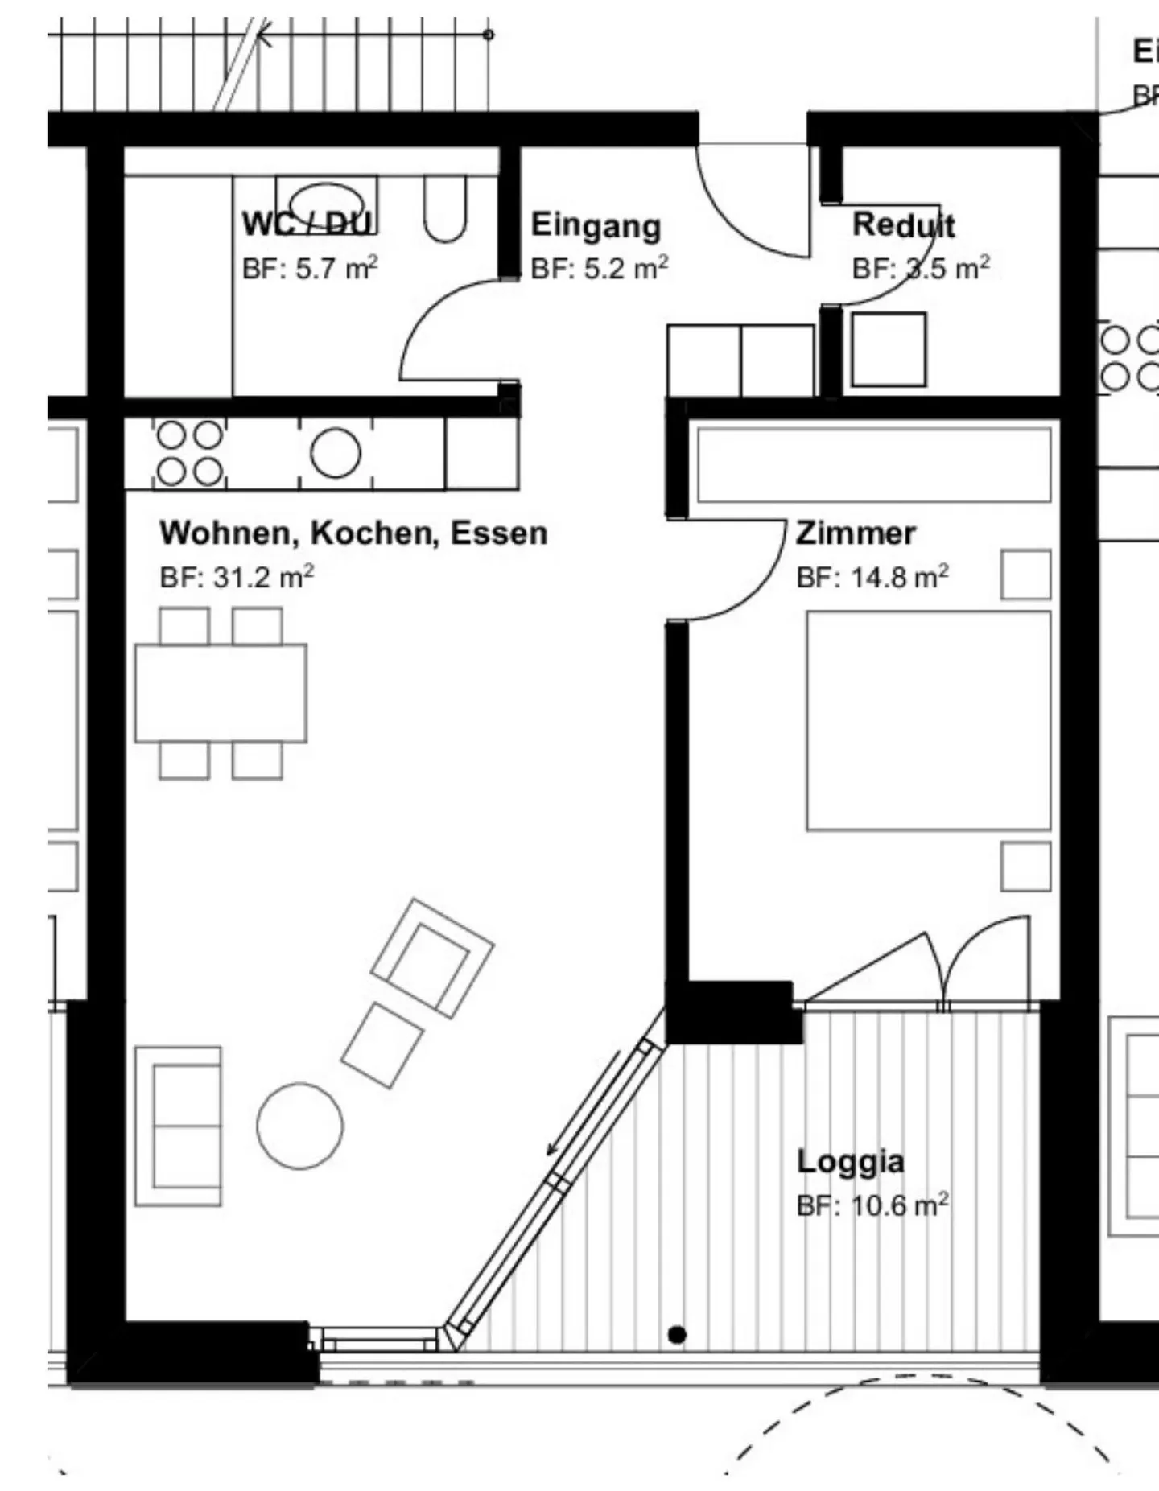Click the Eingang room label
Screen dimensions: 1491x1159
596,226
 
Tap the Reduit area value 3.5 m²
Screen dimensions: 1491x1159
921,268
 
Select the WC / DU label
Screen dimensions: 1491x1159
307,224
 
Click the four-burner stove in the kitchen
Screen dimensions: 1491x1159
189,453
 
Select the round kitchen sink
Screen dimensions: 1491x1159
336,453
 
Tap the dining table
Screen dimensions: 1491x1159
221,693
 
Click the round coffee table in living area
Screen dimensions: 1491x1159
299,1126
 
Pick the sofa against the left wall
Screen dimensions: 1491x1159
179,1126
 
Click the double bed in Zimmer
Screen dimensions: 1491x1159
928,720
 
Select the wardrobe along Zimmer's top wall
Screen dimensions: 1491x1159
873,465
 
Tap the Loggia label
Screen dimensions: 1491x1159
850,1162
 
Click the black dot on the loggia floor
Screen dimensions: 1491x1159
677,1335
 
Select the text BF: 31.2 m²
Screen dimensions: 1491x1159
237,577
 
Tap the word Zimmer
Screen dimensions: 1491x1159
855,533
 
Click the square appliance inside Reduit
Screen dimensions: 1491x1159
889,350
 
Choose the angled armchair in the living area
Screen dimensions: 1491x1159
432,957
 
